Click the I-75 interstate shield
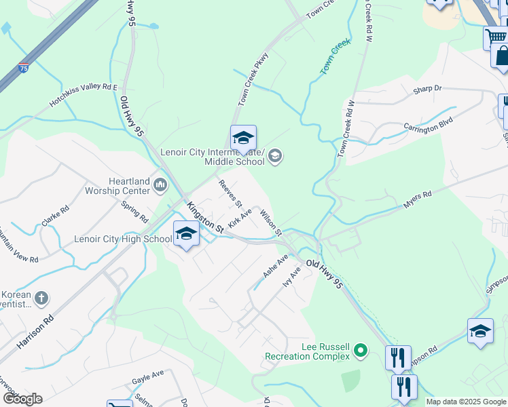click(24, 67)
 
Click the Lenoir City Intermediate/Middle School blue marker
click(242, 138)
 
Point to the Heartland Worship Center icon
click(161, 184)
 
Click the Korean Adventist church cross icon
click(41, 297)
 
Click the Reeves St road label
click(230, 193)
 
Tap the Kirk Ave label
click(240, 218)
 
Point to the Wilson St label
click(271, 223)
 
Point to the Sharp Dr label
click(427, 89)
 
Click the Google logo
click(22, 399)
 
